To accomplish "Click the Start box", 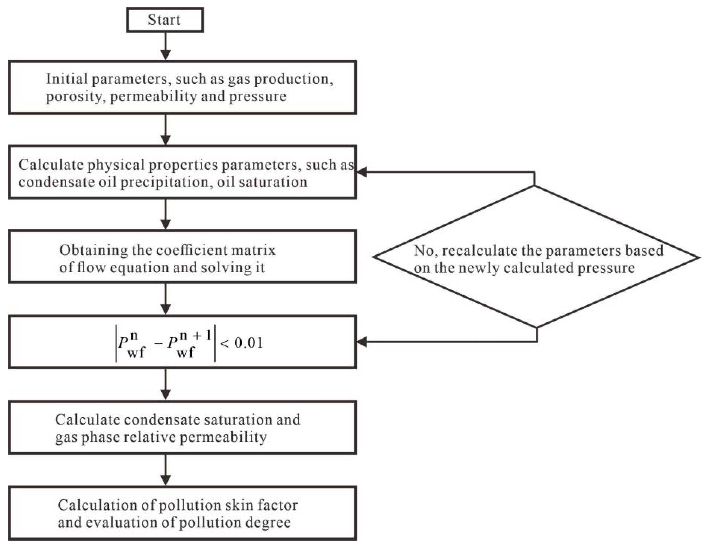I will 165,20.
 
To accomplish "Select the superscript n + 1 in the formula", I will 195,336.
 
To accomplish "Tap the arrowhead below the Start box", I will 166,55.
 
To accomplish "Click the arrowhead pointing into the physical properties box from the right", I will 361,172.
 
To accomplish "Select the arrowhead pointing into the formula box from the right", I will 361,342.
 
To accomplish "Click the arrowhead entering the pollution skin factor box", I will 166,480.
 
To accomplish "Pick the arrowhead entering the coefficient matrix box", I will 166,224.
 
